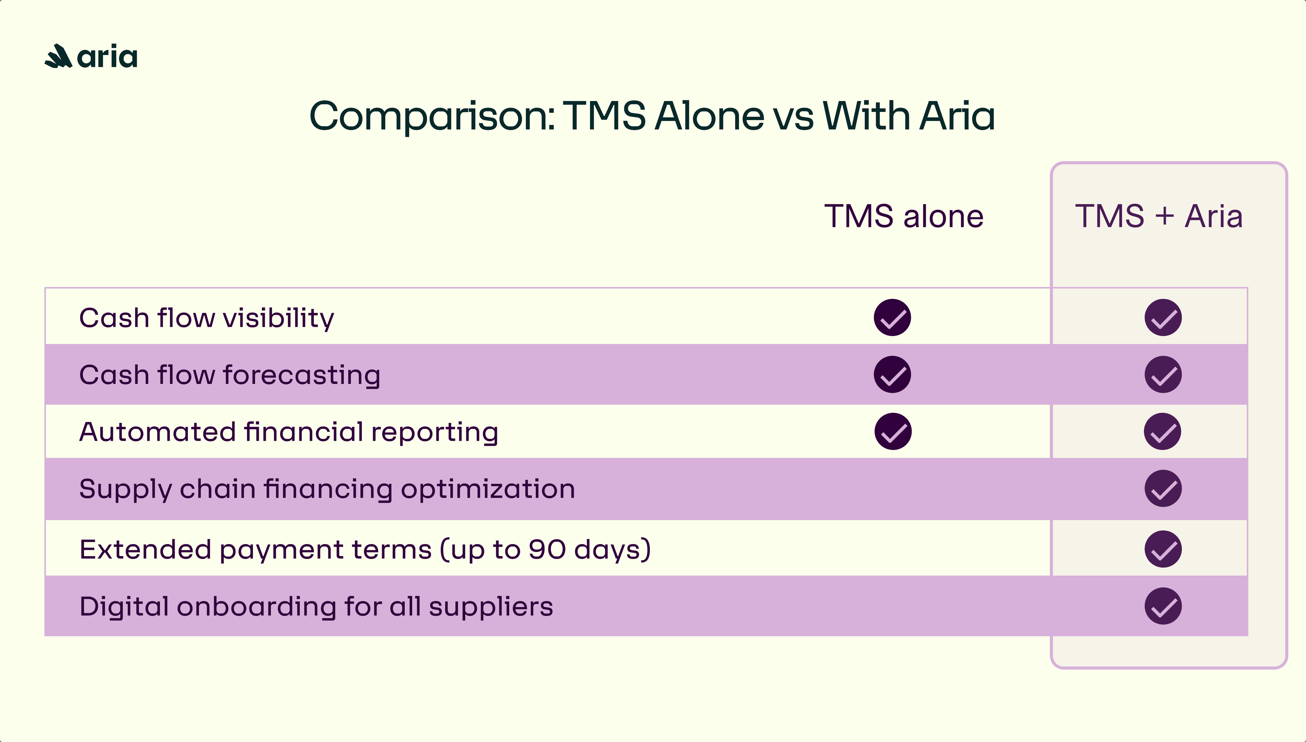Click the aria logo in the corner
[91, 56]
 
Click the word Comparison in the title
[431, 116]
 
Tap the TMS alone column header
[903, 216]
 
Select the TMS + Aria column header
[1158, 216]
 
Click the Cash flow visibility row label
[206, 318]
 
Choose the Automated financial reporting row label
[288, 432]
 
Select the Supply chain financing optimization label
[327, 489]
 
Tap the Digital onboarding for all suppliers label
[316, 606]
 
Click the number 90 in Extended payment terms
[547, 550]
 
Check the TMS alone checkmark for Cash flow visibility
[892, 318]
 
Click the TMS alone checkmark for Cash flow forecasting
[892, 374]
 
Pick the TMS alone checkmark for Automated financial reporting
[893, 432]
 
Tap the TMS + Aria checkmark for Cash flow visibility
[1163, 318]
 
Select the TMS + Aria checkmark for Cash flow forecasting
[1163, 374]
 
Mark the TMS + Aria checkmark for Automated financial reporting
[1162, 432]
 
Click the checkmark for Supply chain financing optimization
[1163, 489]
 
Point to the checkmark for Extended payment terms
[1163, 550]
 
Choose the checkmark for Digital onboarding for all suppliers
[1163, 606]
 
